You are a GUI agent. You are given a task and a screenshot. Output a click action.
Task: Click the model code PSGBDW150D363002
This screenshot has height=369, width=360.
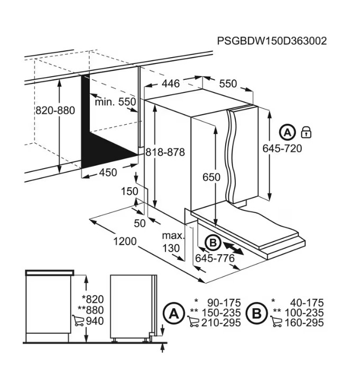(x=272, y=41)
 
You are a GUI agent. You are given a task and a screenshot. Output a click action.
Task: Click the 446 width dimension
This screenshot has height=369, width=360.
(x=171, y=84)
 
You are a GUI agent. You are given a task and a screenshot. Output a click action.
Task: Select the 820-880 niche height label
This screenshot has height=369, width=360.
(x=56, y=110)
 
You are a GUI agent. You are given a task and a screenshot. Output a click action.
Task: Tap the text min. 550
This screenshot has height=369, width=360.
(x=115, y=102)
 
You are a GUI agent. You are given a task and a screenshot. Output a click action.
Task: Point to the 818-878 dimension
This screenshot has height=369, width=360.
(x=165, y=152)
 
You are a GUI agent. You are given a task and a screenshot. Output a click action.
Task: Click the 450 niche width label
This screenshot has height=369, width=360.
(x=108, y=172)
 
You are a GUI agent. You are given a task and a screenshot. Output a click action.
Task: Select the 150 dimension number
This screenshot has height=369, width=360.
(x=130, y=191)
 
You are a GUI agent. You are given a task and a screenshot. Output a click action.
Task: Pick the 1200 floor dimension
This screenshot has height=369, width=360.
(x=125, y=242)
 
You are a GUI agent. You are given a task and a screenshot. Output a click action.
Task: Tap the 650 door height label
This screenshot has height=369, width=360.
(x=211, y=177)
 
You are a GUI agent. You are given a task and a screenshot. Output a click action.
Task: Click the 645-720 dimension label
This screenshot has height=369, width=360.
(x=282, y=149)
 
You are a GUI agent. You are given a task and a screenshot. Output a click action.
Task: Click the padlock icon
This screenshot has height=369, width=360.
(x=306, y=133)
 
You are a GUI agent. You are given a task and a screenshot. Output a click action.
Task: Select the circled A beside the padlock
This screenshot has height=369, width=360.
(x=287, y=133)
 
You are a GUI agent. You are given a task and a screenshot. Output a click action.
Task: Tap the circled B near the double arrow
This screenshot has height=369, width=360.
(x=213, y=243)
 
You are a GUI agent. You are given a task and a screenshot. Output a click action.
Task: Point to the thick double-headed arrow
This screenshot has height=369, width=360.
(x=233, y=248)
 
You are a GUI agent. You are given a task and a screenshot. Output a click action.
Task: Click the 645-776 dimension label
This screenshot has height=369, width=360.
(x=215, y=259)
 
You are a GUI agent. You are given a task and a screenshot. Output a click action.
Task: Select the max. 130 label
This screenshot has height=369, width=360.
(x=173, y=242)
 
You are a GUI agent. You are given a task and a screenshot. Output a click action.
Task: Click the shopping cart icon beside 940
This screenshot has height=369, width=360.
(x=78, y=320)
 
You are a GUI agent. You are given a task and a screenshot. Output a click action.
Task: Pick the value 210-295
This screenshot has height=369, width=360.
(x=221, y=322)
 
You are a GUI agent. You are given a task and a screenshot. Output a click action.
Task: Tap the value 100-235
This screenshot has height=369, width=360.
(x=304, y=313)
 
